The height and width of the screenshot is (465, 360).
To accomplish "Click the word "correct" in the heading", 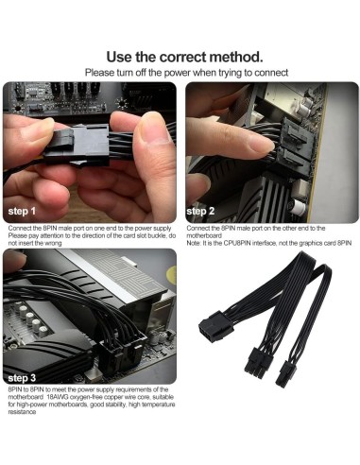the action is tap(182, 57).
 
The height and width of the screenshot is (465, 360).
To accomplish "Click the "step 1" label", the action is tap(22, 211).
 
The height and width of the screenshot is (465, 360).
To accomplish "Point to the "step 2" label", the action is tap(200, 211).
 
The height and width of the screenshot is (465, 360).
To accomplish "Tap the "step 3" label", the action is tap(22, 378).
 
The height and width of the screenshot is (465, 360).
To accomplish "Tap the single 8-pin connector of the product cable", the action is tap(216, 325).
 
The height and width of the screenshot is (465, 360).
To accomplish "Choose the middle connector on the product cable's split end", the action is tap(259, 361).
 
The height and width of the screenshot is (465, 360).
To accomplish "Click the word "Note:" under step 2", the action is tap(193, 243).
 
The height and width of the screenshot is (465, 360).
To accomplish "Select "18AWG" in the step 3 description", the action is tap(57, 397).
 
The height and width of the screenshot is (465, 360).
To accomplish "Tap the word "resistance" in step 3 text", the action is tap(22, 412).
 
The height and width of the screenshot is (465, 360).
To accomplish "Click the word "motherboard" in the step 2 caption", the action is tap(204, 235).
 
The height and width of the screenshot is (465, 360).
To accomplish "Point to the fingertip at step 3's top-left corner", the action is tap(14, 259).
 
